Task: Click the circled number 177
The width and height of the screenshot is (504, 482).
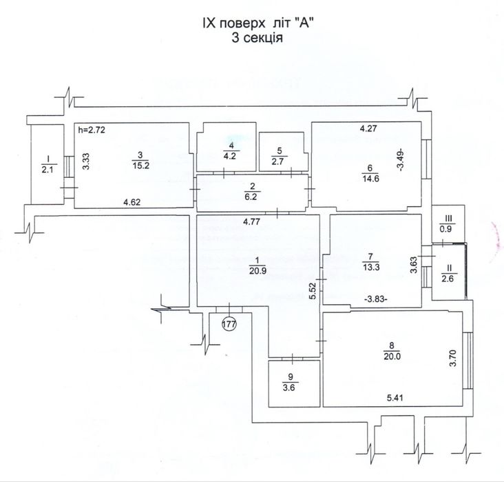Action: point(229,323)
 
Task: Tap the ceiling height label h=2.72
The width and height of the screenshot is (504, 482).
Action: point(91,129)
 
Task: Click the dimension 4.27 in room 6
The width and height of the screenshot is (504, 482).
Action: point(370,128)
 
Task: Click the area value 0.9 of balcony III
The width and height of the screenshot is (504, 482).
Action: point(447,228)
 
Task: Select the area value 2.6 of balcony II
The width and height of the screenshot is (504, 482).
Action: point(447,278)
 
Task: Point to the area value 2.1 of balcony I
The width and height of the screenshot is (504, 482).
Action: point(48,169)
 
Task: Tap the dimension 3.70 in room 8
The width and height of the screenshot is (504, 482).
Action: point(453,359)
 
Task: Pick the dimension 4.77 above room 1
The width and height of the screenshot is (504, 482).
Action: point(256,222)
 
